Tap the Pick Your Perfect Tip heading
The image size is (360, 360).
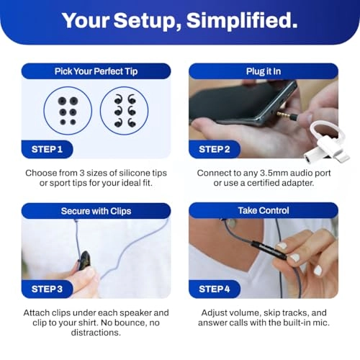[x=96, y=71]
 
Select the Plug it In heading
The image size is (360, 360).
[x=263, y=71]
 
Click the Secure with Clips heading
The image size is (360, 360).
[x=96, y=210]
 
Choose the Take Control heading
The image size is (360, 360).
[x=263, y=210]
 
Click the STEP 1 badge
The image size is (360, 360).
[x=52, y=150]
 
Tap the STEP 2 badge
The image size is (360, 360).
[x=220, y=150]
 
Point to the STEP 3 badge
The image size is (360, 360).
[x=52, y=289]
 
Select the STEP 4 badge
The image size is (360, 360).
[x=220, y=289]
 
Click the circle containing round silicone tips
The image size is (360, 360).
[x=68, y=110]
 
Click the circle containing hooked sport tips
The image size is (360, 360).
[x=124, y=110]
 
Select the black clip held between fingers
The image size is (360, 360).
[x=85, y=260]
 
